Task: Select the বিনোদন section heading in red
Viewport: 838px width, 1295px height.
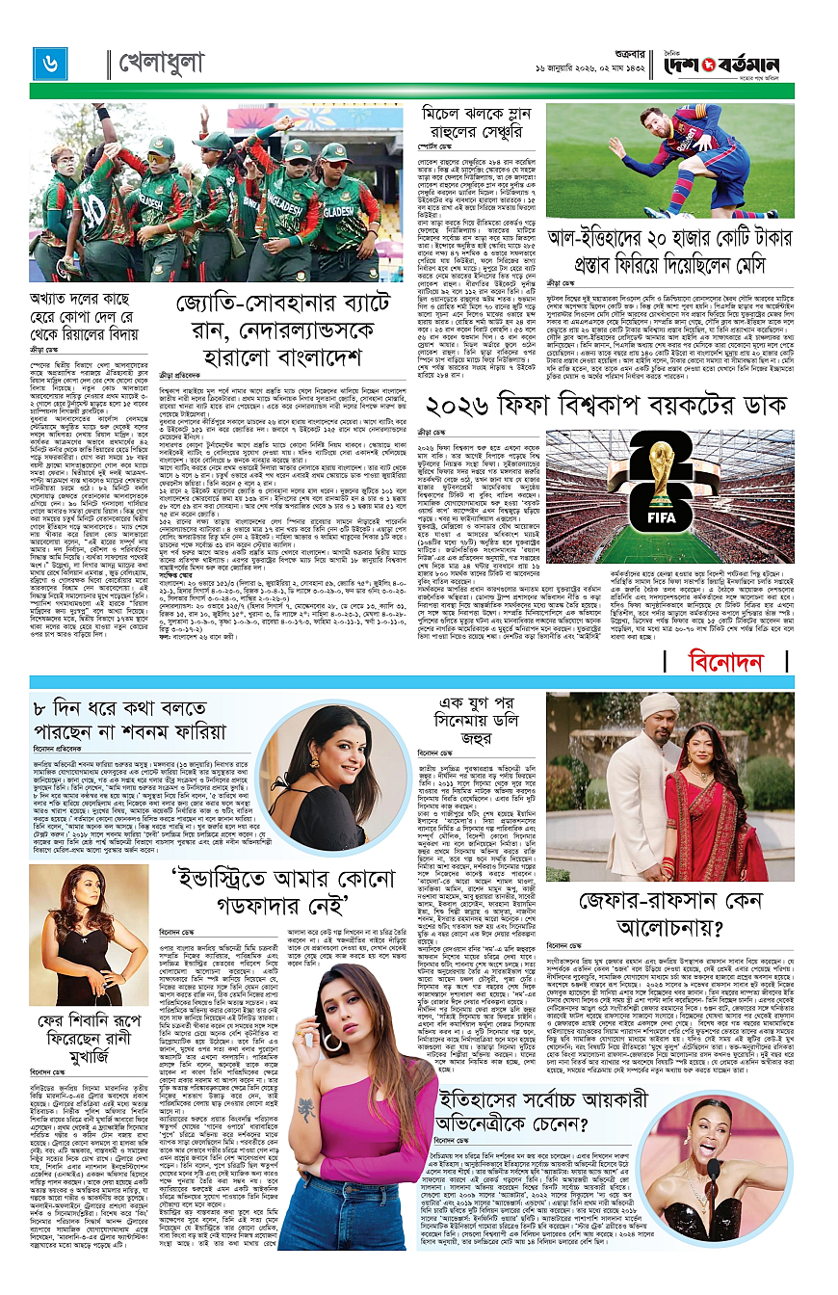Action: (727, 661)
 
